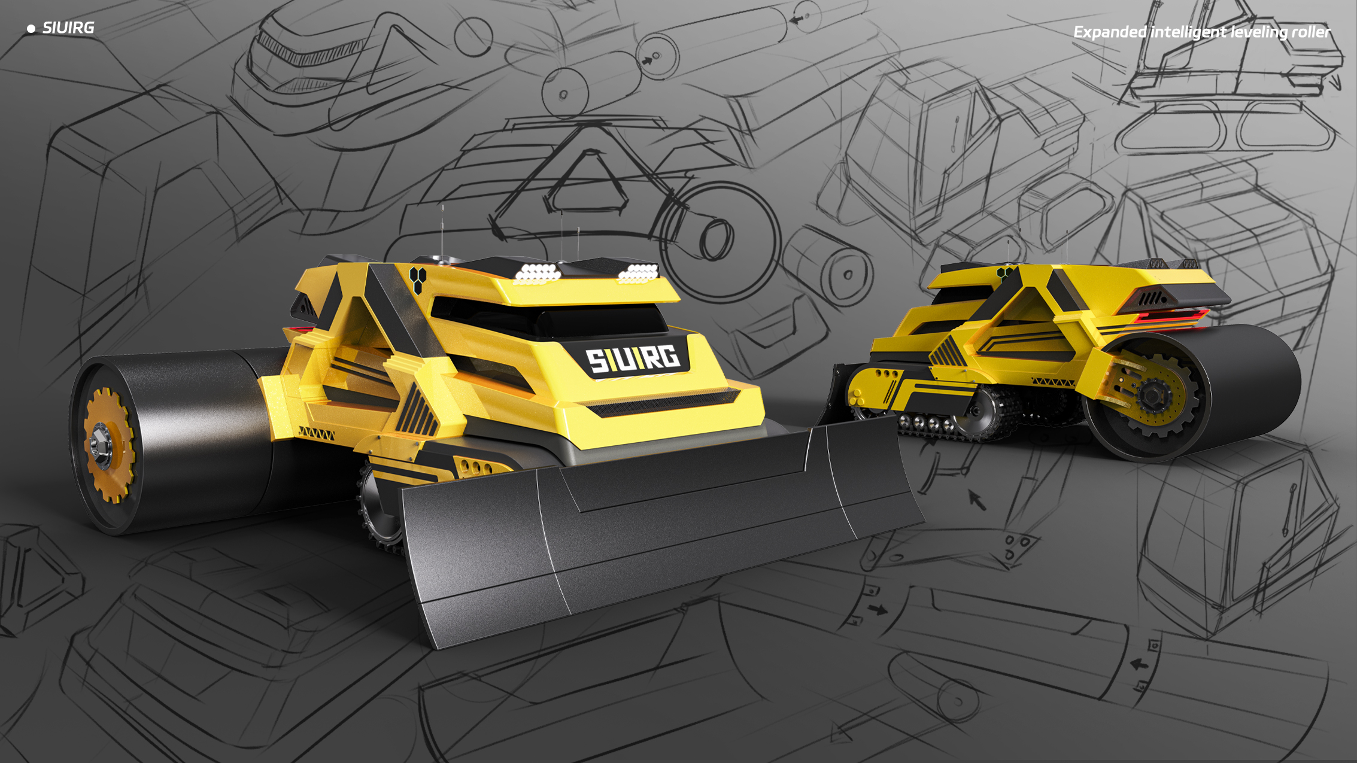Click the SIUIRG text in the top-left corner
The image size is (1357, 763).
click(68, 28)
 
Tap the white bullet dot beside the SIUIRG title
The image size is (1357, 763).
click(31, 29)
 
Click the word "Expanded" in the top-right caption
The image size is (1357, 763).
click(1109, 32)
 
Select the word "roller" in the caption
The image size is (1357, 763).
click(1310, 32)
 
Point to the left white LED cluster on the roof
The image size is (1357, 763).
click(538, 273)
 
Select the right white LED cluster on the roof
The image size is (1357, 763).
click(638, 273)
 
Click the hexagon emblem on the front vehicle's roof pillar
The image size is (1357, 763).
click(417, 279)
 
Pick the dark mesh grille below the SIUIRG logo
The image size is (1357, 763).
click(663, 402)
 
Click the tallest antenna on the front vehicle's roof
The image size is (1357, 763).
click(442, 230)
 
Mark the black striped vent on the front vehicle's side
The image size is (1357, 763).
click(417, 413)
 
